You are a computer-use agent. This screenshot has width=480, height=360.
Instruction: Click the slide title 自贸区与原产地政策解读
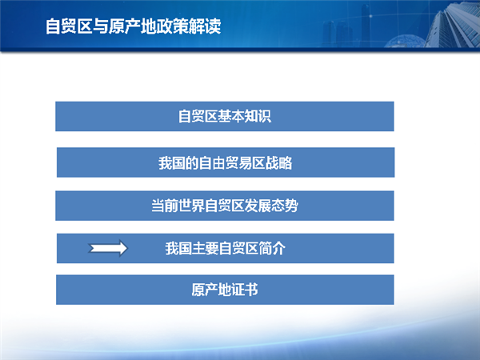(133, 26)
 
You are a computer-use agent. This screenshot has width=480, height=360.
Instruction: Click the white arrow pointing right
(108, 248)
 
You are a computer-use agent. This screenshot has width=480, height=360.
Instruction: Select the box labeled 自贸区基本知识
(224, 116)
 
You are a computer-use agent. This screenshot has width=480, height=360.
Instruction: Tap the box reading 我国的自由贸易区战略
(226, 162)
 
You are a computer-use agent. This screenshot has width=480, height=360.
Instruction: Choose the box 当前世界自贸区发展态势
(224, 206)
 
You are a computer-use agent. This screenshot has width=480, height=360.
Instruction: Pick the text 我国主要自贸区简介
(226, 248)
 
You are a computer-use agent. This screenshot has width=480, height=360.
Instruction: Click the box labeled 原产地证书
(225, 290)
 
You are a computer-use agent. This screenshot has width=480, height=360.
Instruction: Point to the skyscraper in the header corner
(453, 24)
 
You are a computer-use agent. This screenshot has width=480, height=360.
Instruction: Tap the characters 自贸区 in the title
(69, 26)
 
